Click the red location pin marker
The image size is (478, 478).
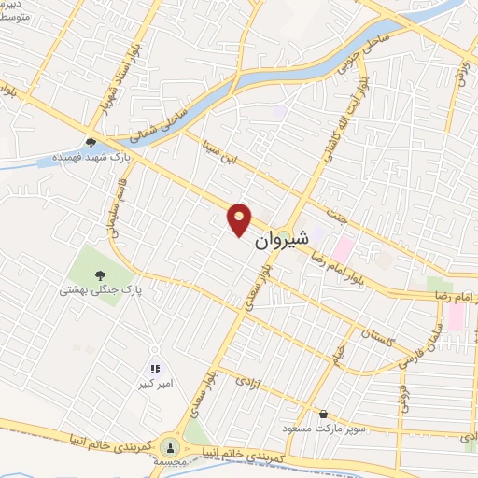pyautogui.click(x=240, y=219)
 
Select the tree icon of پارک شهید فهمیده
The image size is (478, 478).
pyautogui.click(x=91, y=143)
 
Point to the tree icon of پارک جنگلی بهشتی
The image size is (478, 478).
pyautogui.click(x=99, y=274)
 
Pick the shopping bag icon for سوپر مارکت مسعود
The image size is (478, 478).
pyautogui.click(x=323, y=414)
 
